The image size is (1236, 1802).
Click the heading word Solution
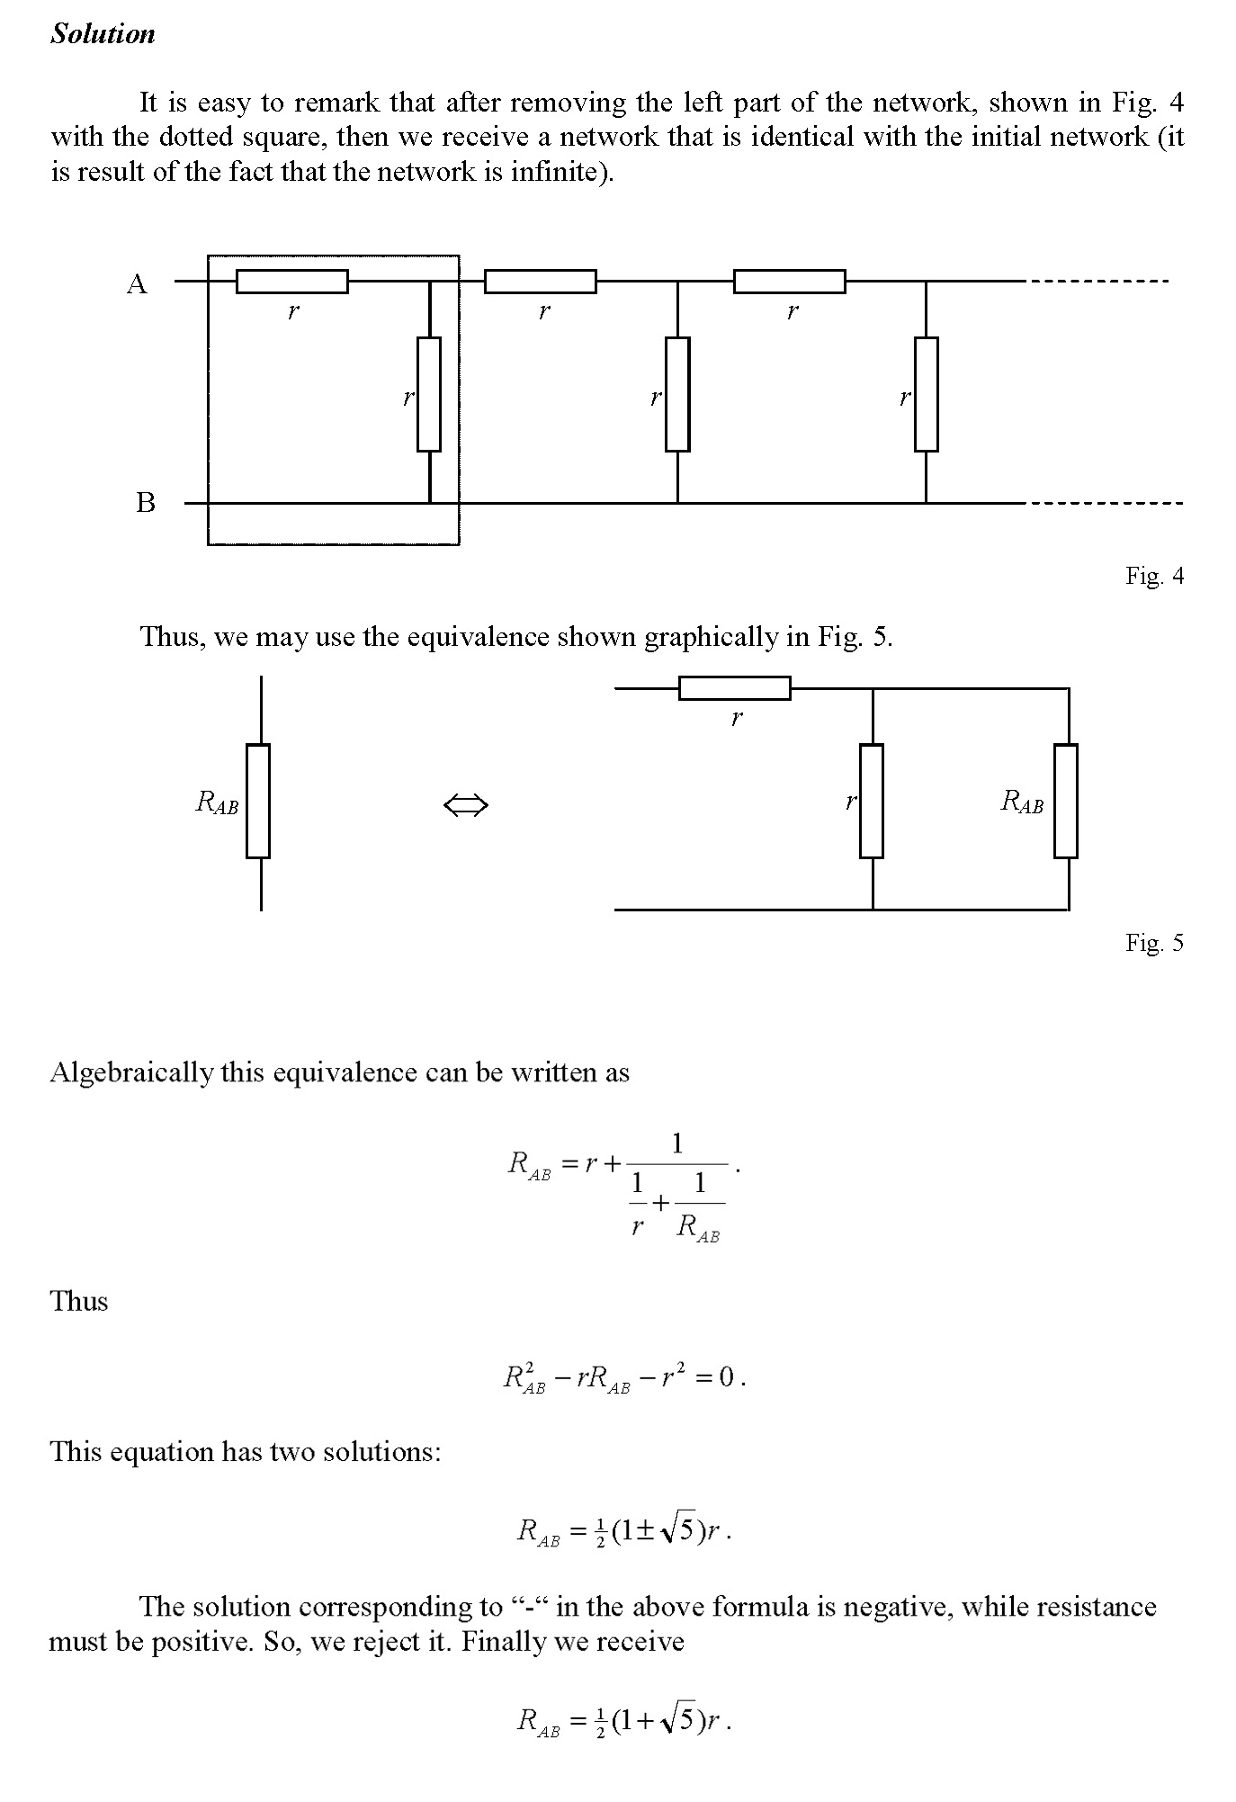point(103,34)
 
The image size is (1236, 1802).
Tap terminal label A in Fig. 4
point(137,284)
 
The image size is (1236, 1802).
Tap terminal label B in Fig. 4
point(145,502)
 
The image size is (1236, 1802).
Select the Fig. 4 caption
point(1154,576)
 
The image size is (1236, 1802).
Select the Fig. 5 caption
point(1154,943)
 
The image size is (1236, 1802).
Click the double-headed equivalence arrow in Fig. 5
point(466,805)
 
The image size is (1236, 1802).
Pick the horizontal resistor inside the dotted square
point(291,282)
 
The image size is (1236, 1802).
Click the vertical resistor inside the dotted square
point(429,394)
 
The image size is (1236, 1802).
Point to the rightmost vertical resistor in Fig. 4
point(926,394)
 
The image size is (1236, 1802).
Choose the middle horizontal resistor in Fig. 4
point(540,282)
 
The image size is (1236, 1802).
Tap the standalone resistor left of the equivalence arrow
point(258,801)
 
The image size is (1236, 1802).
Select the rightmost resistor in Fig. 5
point(1066,801)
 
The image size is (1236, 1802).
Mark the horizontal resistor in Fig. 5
point(734,688)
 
